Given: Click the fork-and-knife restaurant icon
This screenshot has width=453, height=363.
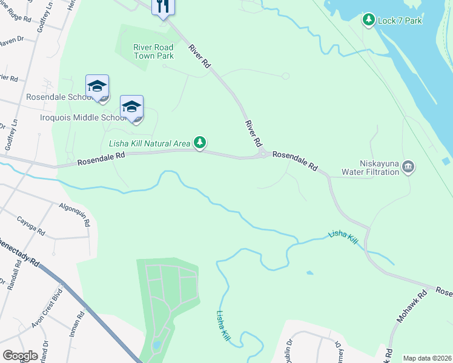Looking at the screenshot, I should pyautogui.click(x=162, y=7).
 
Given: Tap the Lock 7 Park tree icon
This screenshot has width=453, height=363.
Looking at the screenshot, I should pyautogui.click(x=368, y=20).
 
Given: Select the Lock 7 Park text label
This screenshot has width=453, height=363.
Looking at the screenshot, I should pyautogui.click(x=400, y=21).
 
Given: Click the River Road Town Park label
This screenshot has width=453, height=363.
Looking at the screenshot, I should pyautogui.click(x=154, y=51).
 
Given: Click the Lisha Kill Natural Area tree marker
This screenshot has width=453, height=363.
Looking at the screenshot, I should pyautogui.click(x=200, y=143).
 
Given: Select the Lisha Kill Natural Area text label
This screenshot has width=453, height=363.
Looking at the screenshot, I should pyautogui.click(x=149, y=144).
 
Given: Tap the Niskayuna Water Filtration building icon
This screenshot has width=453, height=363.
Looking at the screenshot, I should pyautogui.click(x=408, y=166).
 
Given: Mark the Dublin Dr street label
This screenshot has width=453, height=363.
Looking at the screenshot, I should pyautogui.click(x=289, y=348).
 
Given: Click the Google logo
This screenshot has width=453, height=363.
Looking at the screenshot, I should pyautogui.click(x=21, y=356).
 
